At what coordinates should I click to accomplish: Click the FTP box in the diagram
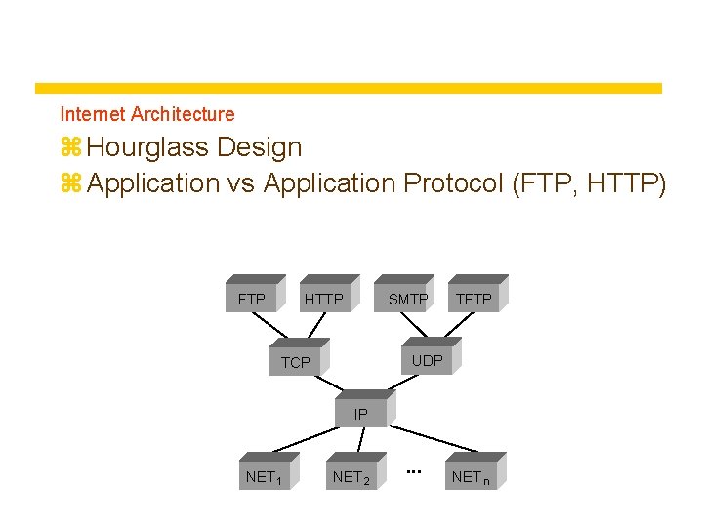(x=253, y=299)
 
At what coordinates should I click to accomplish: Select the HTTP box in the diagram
(x=324, y=299)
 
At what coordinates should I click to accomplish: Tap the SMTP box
(x=407, y=299)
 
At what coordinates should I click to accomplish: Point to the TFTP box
(x=475, y=299)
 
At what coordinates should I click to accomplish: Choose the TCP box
(x=296, y=362)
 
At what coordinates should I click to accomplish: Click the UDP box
(x=427, y=360)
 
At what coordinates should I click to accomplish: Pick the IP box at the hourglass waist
(x=361, y=414)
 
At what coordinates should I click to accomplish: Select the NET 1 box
(x=265, y=476)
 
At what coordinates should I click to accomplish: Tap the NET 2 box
(x=351, y=476)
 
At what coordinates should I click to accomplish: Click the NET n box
(x=473, y=476)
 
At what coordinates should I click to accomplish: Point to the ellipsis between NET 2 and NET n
(x=413, y=471)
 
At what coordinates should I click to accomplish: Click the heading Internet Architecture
(x=147, y=114)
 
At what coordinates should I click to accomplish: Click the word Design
(x=260, y=148)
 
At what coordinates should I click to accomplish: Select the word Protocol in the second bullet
(x=446, y=183)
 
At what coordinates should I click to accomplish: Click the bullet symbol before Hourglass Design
(x=70, y=148)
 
